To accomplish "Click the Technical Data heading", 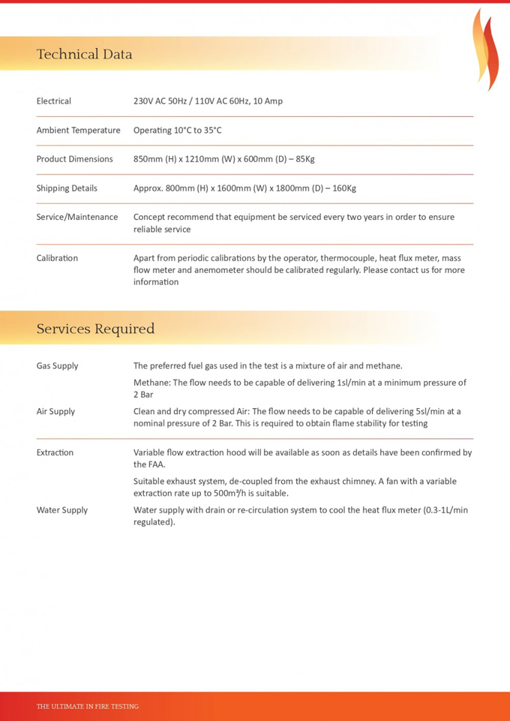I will pyautogui.click(x=84, y=54).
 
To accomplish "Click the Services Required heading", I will pyautogui.click(x=95, y=329).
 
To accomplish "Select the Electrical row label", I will pyautogui.click(x=54, y=101).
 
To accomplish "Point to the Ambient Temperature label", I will pyautogui.click(x=78, y=131).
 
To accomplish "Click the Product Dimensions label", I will pyautogui.click(x=74, y=159).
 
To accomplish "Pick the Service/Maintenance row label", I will pyautogui.click(x=77, y=217).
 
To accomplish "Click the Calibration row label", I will pyautogui.click(x=57, y=258).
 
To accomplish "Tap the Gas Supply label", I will pyautogui.click(x=57, y=366).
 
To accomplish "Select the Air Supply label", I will pyautogui.click(x=55, y=411).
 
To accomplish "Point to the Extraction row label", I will pyautogui.click(x=55, y=452).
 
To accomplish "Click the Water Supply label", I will pyautogui.click(x=61, y=510).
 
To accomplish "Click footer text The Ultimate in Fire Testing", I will pyautogui.click(x=88, y=706).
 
